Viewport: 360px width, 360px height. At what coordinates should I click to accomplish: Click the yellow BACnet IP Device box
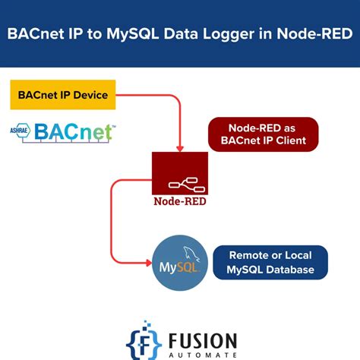(x=63, y=96)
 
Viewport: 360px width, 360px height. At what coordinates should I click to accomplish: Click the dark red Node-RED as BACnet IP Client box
(x=263, y=134)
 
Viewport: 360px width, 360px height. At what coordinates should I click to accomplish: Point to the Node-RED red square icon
(x=180, y=173)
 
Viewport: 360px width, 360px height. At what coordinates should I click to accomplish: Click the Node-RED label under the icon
(x=180, y=202)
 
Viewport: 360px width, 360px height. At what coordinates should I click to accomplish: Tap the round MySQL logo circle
(x=179, y=263)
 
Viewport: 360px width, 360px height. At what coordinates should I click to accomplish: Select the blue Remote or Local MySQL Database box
(x=270, y=262)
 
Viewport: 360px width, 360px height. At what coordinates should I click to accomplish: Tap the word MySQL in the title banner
(x=137, y=33)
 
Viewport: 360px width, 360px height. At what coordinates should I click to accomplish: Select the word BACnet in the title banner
(x=34, y=33)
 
